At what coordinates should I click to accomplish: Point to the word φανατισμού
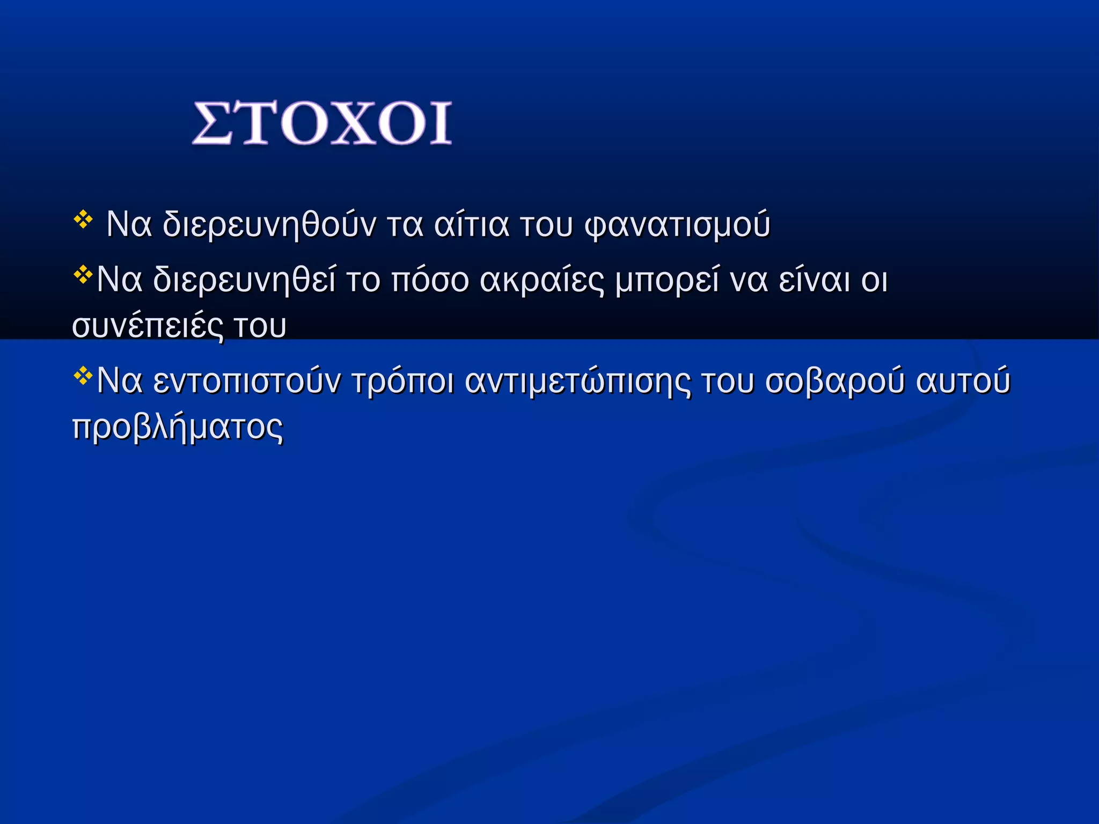click(677, 225)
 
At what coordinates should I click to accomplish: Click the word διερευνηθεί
click(244, 280)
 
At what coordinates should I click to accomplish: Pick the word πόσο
click(430, 280)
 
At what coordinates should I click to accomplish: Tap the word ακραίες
click(542, 280)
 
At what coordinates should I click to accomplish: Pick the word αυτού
click(963, 381)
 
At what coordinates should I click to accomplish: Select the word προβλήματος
click(178, 428)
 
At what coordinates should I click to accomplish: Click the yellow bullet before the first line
click(83, 220)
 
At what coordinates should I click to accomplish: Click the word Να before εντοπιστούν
click(120, 381)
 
